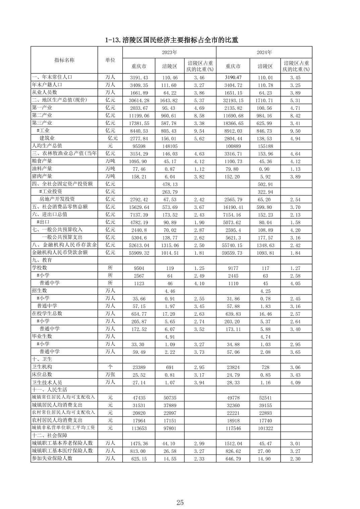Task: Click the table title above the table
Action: click(172, 40)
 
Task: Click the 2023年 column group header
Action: click(169, 52)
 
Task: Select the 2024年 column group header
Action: click(264, 52)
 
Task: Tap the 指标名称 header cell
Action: click(64, 60)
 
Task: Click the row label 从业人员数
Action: click(45, 92)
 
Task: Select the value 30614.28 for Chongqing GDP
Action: click(139, 101)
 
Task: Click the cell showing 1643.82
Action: click(170, 101)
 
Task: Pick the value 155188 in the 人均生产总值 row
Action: click(265, 146)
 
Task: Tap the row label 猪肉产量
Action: click(42, 177)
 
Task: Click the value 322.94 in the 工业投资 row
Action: click(265, 192)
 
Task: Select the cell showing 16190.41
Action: click(233, 207)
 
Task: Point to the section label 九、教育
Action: click(42, 260)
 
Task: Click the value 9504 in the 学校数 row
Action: click(139, 268)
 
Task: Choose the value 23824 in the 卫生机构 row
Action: click(233, 367)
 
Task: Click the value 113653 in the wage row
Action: click(139, 428)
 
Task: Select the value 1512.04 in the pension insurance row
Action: click(233, 444)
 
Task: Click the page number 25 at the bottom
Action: click(180, 502)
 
